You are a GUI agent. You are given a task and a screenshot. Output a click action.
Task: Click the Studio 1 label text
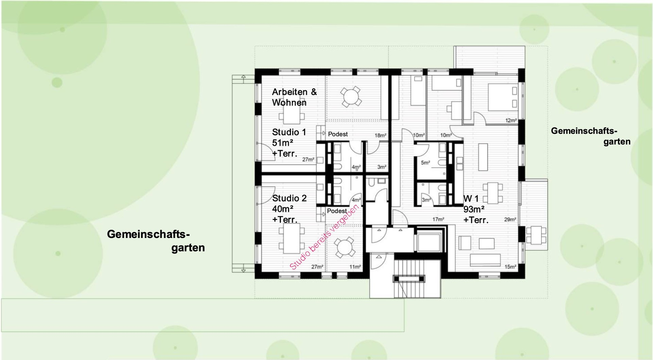click(x=289, y=132)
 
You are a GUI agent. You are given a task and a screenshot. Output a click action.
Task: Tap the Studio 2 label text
click(x=289, y=198)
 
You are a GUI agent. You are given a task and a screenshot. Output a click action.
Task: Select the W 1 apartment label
click(x=471, y=199)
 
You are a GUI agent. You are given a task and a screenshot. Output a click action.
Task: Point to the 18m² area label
click(x=380, y=135)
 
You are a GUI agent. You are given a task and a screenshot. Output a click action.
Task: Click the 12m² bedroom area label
click(x=511, y=120)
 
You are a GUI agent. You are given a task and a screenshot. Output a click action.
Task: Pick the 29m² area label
click(x=510, y=220)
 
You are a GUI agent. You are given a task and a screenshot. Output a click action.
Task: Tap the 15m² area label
click(x=510, y=267)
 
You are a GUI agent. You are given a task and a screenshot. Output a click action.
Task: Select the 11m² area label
click(x=355, y=267)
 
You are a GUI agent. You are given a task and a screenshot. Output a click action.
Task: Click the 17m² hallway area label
click(x=438, y=220)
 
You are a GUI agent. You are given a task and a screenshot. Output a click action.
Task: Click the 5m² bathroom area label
click(x=425, y=163)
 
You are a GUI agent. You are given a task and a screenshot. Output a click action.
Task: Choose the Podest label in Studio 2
click(x=337, y=211)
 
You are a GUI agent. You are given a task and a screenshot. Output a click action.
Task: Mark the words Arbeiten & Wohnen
click(x=294, y=97)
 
